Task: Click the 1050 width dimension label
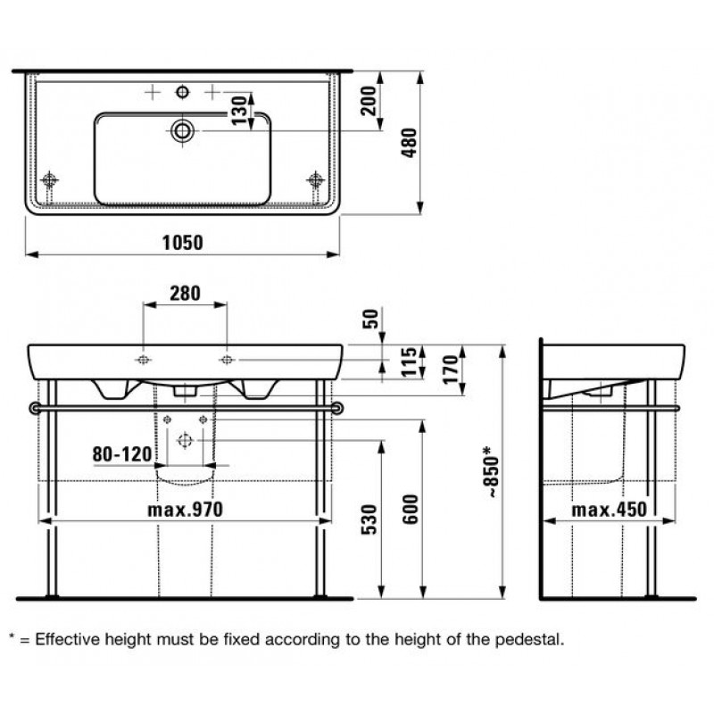tap(183, 243)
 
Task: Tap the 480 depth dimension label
tap(410, 143)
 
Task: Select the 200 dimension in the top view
tap(369, 101)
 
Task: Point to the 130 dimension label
tap(239, 110)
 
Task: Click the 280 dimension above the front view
tap(185, 294)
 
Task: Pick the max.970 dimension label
tap(186, 510)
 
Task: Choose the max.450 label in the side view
tap(610, 510)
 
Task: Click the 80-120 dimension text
tap(122, 454)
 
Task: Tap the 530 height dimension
tap(369, 519)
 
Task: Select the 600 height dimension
tap(411, 510)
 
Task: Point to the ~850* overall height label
tap(494, 472)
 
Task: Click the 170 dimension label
tap(451, 369)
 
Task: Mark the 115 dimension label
tap(409, 362)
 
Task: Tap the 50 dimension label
tap(371, 319)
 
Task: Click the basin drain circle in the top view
tap(182, 131)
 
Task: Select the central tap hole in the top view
tap(182, 93)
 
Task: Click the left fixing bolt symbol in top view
tap(49, 180)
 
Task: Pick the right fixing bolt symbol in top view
tap(316, 180)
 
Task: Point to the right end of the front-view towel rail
tap(337, 408)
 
